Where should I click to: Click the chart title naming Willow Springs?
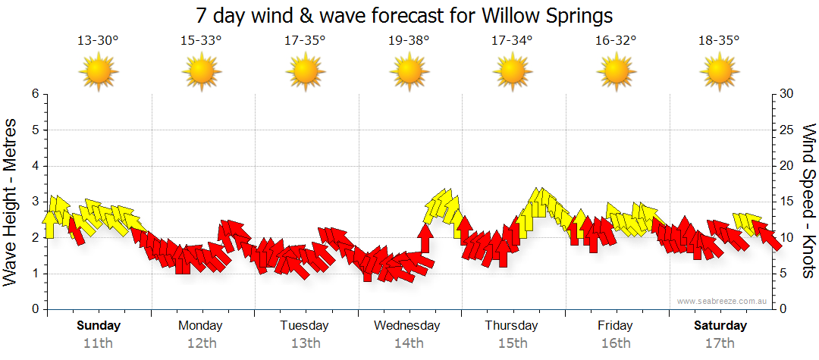404,15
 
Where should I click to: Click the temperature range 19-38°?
409,41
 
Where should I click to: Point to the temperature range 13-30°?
98,41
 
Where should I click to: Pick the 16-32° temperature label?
616,41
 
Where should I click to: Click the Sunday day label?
99,326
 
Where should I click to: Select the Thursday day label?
512,326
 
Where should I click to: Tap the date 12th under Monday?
201,343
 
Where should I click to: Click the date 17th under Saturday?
720,343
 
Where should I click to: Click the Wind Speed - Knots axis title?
808,202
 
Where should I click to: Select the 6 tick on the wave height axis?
34,94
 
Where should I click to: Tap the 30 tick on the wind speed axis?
787,94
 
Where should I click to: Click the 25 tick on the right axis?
787,130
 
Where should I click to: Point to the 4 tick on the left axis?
34,166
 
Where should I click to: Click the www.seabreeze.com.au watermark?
723,301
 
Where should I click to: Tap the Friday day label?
615,326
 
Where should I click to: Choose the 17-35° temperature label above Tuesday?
305,41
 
